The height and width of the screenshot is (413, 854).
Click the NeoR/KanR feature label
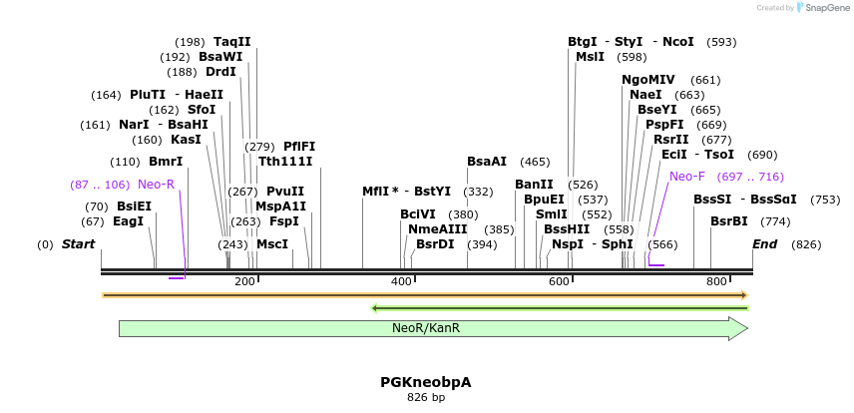(425, 327)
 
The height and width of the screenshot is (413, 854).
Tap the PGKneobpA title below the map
(425, 382)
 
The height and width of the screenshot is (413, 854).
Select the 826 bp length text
(425, 397)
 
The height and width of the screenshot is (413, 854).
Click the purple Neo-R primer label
(156, 185)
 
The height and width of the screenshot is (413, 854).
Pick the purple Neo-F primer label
(687, 177)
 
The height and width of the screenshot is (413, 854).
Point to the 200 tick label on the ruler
(244, 282)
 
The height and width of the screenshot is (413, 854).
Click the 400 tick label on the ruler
(401, 282)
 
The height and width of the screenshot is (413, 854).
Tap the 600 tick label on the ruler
(559, 282)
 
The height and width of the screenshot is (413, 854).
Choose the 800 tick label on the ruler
(716, 282)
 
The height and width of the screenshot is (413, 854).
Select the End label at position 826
(764, 244)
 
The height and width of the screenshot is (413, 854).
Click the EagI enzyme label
(128, 221)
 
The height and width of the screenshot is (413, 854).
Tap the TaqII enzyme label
(232, 42)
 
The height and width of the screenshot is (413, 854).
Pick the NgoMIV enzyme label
(648, 80)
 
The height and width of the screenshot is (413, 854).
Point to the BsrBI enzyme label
(728, 221)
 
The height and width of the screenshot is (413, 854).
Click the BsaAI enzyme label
(487, 161)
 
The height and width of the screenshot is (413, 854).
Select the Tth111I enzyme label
(285, 161)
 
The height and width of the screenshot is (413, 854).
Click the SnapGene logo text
(822, 8)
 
